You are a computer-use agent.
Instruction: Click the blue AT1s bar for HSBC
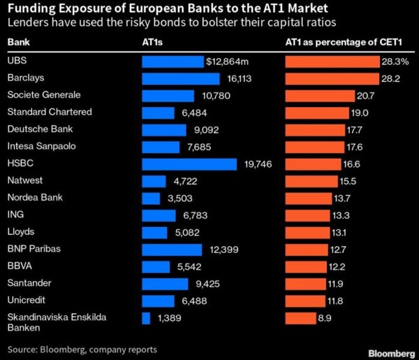[189, 164]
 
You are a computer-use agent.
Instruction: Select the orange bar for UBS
[332, 61]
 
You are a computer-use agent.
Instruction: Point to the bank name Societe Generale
[44, 95]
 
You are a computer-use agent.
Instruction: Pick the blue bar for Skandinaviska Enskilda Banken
[146, 318]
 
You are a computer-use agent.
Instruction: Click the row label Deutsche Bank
[40, 129]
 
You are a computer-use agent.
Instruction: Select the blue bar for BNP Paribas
[172, 250]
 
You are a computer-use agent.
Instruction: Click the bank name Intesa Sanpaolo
[42, 147]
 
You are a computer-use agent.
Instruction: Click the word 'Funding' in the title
[31, 9]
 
